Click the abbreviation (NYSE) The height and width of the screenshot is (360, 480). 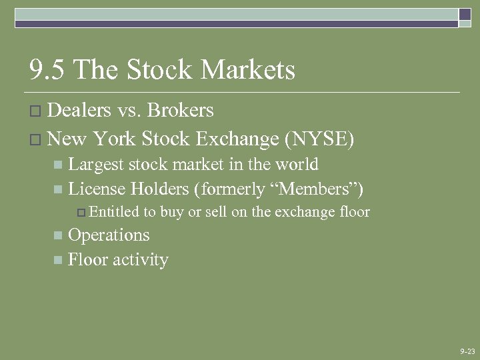(x=319, y=139)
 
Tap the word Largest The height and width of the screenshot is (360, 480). (x=95, y=165)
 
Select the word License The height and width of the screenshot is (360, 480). (x=97, y=189)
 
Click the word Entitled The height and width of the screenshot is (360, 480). (x=113, y=213)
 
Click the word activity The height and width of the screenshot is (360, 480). (x=141, y=260)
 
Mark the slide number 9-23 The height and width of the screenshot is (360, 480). (x=467, y=351)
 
